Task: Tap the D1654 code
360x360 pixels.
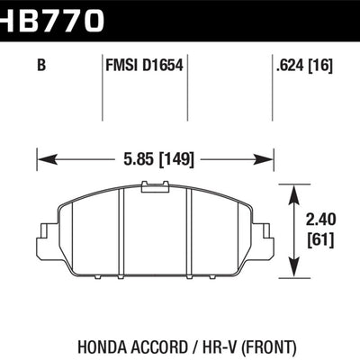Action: click(164, 64)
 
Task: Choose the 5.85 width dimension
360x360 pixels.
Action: click(136, 161)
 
